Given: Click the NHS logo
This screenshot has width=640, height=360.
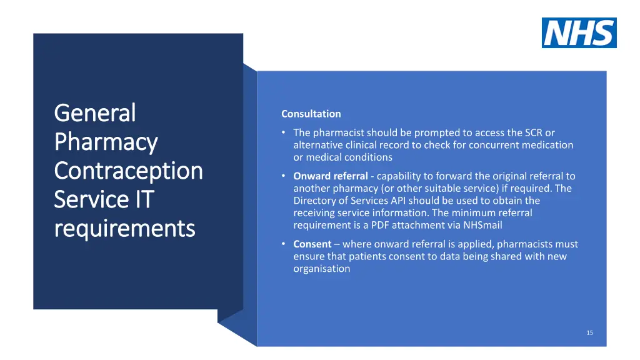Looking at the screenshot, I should [x=579, y=32].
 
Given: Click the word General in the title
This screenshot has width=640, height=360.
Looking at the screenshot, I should [x=95, y=113].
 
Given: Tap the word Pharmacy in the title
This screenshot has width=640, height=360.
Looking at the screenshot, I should [x=106, y=142].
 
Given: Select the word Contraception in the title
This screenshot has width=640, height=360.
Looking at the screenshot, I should [x=128, y=171].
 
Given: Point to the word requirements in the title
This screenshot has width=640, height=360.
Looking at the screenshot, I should [x=124, y=228].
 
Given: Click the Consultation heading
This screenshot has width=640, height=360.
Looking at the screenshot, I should [x=311, y=114].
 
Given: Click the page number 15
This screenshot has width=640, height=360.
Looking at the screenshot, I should [x=589, y=332].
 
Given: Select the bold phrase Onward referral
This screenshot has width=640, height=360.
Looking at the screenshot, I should [x=331, y=176].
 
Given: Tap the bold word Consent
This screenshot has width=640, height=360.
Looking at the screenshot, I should [x=312, y=244].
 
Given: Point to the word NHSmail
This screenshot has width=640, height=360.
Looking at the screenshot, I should [x=482, y=225].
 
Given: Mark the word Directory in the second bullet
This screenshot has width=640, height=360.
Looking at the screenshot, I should [x=316, y=201].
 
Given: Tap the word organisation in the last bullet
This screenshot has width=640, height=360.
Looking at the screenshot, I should [x=322, y=269].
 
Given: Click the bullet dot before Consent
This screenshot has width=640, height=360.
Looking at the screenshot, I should [x=284, y=244].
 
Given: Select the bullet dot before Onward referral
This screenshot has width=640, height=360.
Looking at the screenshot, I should [x=284, y=176].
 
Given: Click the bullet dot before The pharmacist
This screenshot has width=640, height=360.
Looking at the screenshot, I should [x=284, y=132].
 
